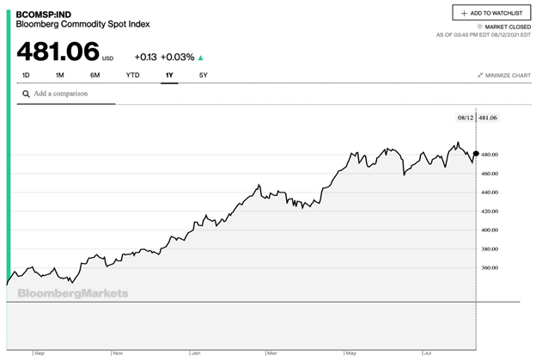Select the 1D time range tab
[x=26, y=76]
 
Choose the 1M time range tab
[x=60, y=76]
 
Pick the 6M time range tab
[x=94, y=76]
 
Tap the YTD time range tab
[x=133, y=76]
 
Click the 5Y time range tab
[x=203, y=76]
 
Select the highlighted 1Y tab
[x=169, y=76]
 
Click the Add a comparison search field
[x=69, y=94]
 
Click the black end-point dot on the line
[x=476, y=154]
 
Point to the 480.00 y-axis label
[x=490, y=155]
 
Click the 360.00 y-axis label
[x=490, y=268]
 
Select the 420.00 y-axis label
[x=490, y=211]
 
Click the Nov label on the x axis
[x=117, y=352]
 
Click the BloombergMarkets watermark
[x=73, y=293]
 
